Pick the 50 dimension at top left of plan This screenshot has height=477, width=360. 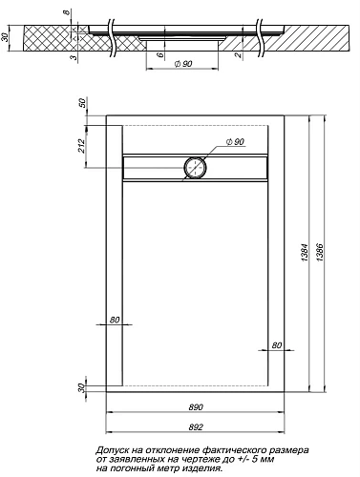(83, 102)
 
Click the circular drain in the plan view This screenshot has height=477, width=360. (195, 168)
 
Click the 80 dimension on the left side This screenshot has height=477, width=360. (115, 319)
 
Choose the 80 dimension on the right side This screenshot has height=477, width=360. (277, 344)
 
